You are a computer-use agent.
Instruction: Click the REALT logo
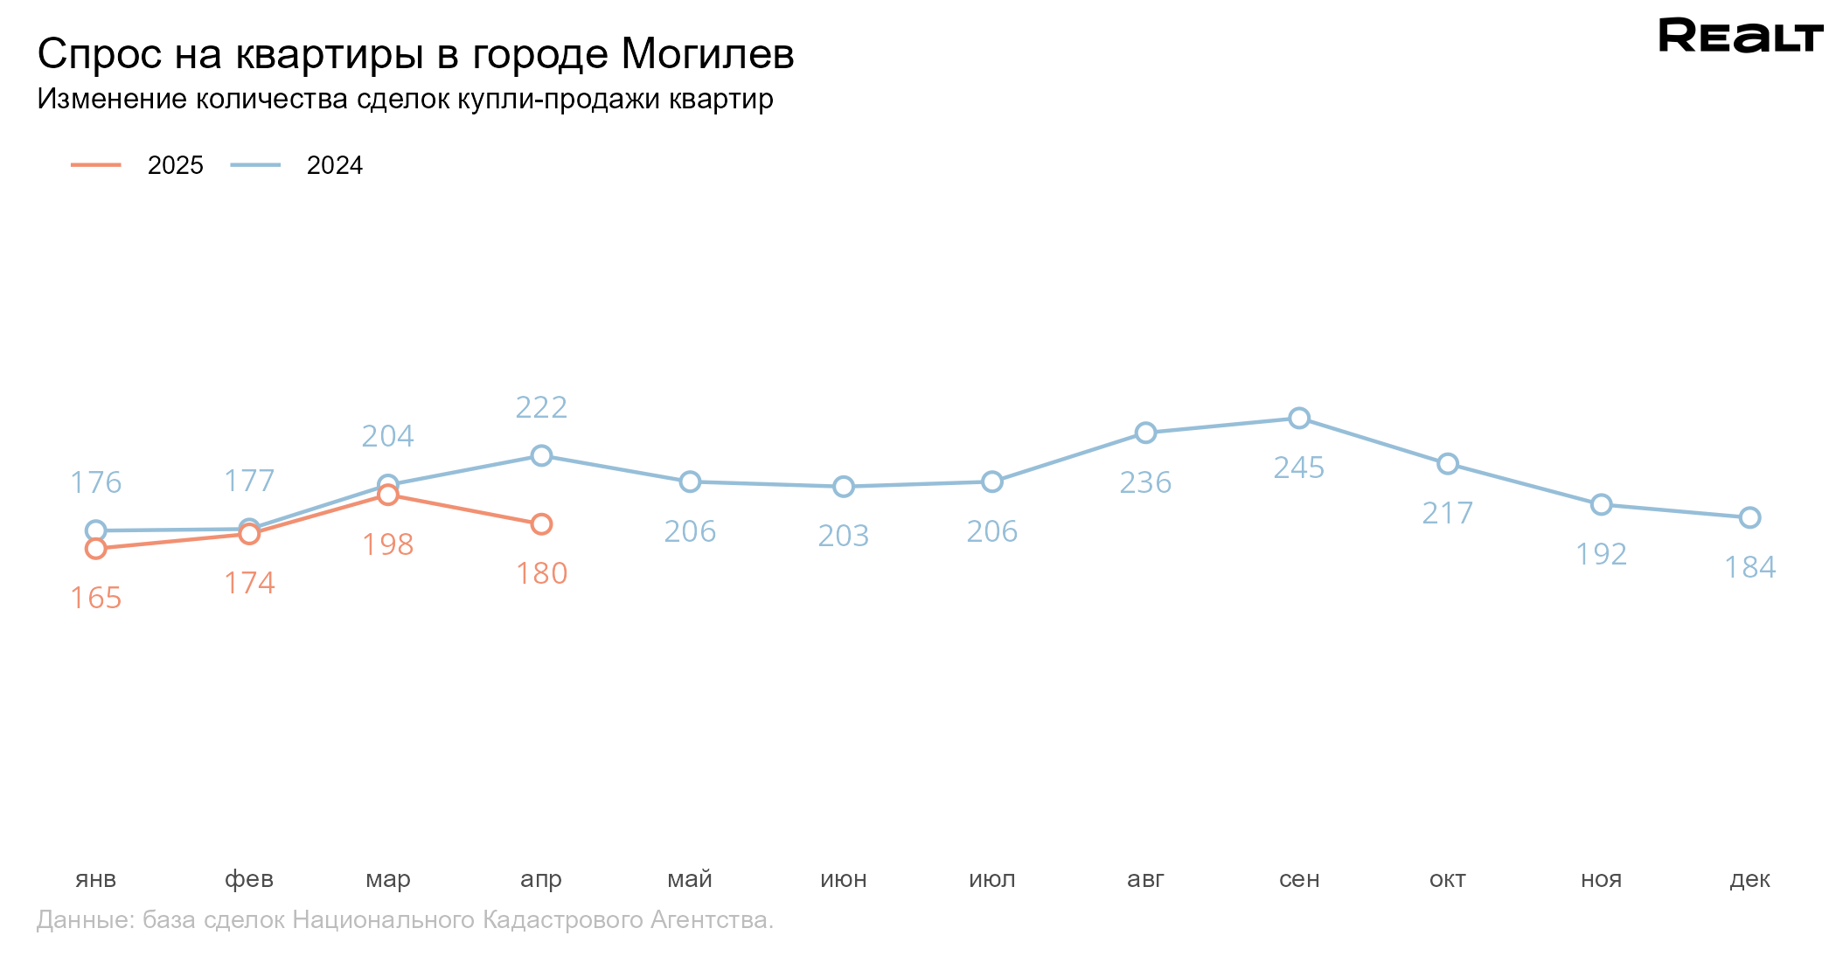1740,36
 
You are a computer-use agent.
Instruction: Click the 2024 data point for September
1299,419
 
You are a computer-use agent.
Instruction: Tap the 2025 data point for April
541,524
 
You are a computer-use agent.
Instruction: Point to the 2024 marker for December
1749,518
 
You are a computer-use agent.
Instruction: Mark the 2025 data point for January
96,549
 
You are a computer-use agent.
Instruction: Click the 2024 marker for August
1145,433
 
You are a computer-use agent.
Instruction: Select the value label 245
1299,468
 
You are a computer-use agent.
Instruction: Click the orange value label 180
541,574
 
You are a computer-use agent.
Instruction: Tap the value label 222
541,408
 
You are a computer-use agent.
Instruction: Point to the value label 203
843,536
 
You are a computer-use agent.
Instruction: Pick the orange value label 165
96,599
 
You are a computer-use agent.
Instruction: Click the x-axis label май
690,879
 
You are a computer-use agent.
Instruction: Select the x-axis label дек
1749,879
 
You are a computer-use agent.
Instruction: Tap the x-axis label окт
1448,879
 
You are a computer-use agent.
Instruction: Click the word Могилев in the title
707,54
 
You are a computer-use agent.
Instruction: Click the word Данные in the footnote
84,920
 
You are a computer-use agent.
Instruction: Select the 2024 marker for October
1448,464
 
